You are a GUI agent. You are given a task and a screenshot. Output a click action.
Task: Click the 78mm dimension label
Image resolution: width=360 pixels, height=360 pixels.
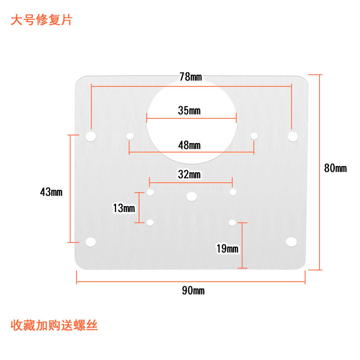191,77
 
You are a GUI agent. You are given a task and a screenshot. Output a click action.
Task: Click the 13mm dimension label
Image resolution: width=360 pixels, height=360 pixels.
124,208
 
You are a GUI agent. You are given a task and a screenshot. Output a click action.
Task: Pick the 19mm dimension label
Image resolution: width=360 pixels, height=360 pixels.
227,249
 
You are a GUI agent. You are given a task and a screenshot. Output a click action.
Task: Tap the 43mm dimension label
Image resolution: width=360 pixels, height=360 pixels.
51,192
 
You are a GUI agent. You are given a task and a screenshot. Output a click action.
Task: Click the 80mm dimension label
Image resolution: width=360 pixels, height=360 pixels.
335,169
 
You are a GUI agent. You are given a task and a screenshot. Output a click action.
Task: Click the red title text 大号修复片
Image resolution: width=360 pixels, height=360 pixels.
41,21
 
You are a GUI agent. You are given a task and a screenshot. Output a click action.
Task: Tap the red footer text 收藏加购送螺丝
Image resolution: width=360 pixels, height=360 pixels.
54,325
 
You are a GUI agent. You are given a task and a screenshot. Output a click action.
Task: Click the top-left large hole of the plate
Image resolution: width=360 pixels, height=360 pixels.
91,135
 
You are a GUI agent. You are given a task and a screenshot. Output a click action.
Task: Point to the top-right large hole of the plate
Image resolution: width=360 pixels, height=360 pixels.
293,135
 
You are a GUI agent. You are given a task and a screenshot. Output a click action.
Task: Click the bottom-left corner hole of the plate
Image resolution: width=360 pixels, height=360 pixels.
91,242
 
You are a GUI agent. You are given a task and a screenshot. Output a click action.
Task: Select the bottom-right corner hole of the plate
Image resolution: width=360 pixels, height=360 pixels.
291,242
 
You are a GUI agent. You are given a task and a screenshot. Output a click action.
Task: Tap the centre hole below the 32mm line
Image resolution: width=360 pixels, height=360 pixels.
192,196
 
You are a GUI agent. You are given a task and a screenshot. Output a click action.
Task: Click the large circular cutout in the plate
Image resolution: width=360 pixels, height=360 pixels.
192,121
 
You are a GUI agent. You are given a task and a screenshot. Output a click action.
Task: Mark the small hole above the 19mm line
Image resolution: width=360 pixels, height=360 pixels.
232,222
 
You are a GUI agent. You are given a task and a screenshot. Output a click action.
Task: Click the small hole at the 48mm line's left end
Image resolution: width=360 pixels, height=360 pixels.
130,136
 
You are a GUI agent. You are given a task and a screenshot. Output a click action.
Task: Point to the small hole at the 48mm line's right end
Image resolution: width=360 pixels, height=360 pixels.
254,135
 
